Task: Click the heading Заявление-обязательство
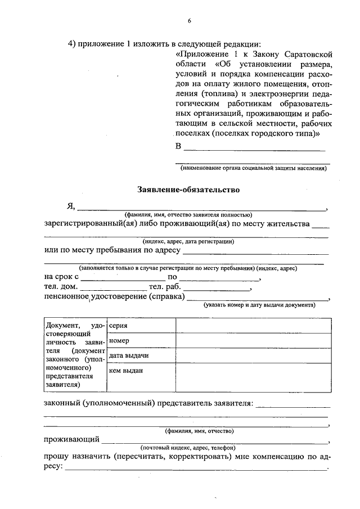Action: click(188, 190)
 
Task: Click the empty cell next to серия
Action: click(253, 326)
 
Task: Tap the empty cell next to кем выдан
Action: click(253, 377)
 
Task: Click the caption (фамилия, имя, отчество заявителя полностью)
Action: click(188, 215)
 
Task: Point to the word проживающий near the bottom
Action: click(72, 439)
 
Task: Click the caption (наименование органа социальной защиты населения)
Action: click(253, 168)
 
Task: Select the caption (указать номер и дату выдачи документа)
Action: click(259, 304)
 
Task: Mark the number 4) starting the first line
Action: click(71, 43)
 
